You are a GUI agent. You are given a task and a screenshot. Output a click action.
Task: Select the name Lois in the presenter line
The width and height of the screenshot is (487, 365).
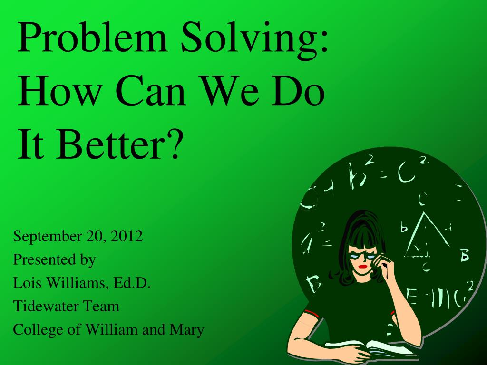click(25, 283)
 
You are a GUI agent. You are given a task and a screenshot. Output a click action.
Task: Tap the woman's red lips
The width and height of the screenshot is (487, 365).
click(362, 267)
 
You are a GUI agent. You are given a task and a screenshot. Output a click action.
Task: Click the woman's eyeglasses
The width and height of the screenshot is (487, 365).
click(361, 255)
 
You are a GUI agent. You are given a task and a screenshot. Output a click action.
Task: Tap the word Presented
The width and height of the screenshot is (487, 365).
click(38, 260)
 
